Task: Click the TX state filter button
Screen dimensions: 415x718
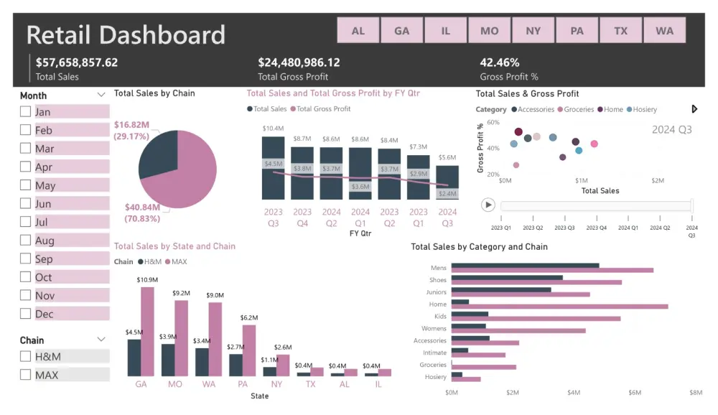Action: tap(620, 31)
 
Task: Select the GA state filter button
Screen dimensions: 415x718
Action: tap(401, 31)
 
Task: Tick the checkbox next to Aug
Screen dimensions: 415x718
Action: tap(26, 241)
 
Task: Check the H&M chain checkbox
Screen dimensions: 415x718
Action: tap(26, 356)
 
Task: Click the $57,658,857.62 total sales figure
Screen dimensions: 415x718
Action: tap(77, 62)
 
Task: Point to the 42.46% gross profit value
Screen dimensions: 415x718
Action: tap(500, 62)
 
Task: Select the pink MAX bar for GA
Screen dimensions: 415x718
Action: tap(147, 331)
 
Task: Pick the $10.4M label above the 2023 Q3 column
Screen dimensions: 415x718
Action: tap(272, 129)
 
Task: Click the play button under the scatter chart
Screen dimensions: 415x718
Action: tap(488, 205)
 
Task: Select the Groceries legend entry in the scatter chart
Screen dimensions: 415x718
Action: tap(575, 110)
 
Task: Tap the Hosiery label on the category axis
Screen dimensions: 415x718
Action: tap(435, 377)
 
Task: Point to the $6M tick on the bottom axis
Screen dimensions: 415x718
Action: tap(635, 393)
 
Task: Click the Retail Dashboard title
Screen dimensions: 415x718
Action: tap(126, 34)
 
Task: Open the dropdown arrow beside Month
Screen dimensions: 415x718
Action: tap(101, 95)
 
